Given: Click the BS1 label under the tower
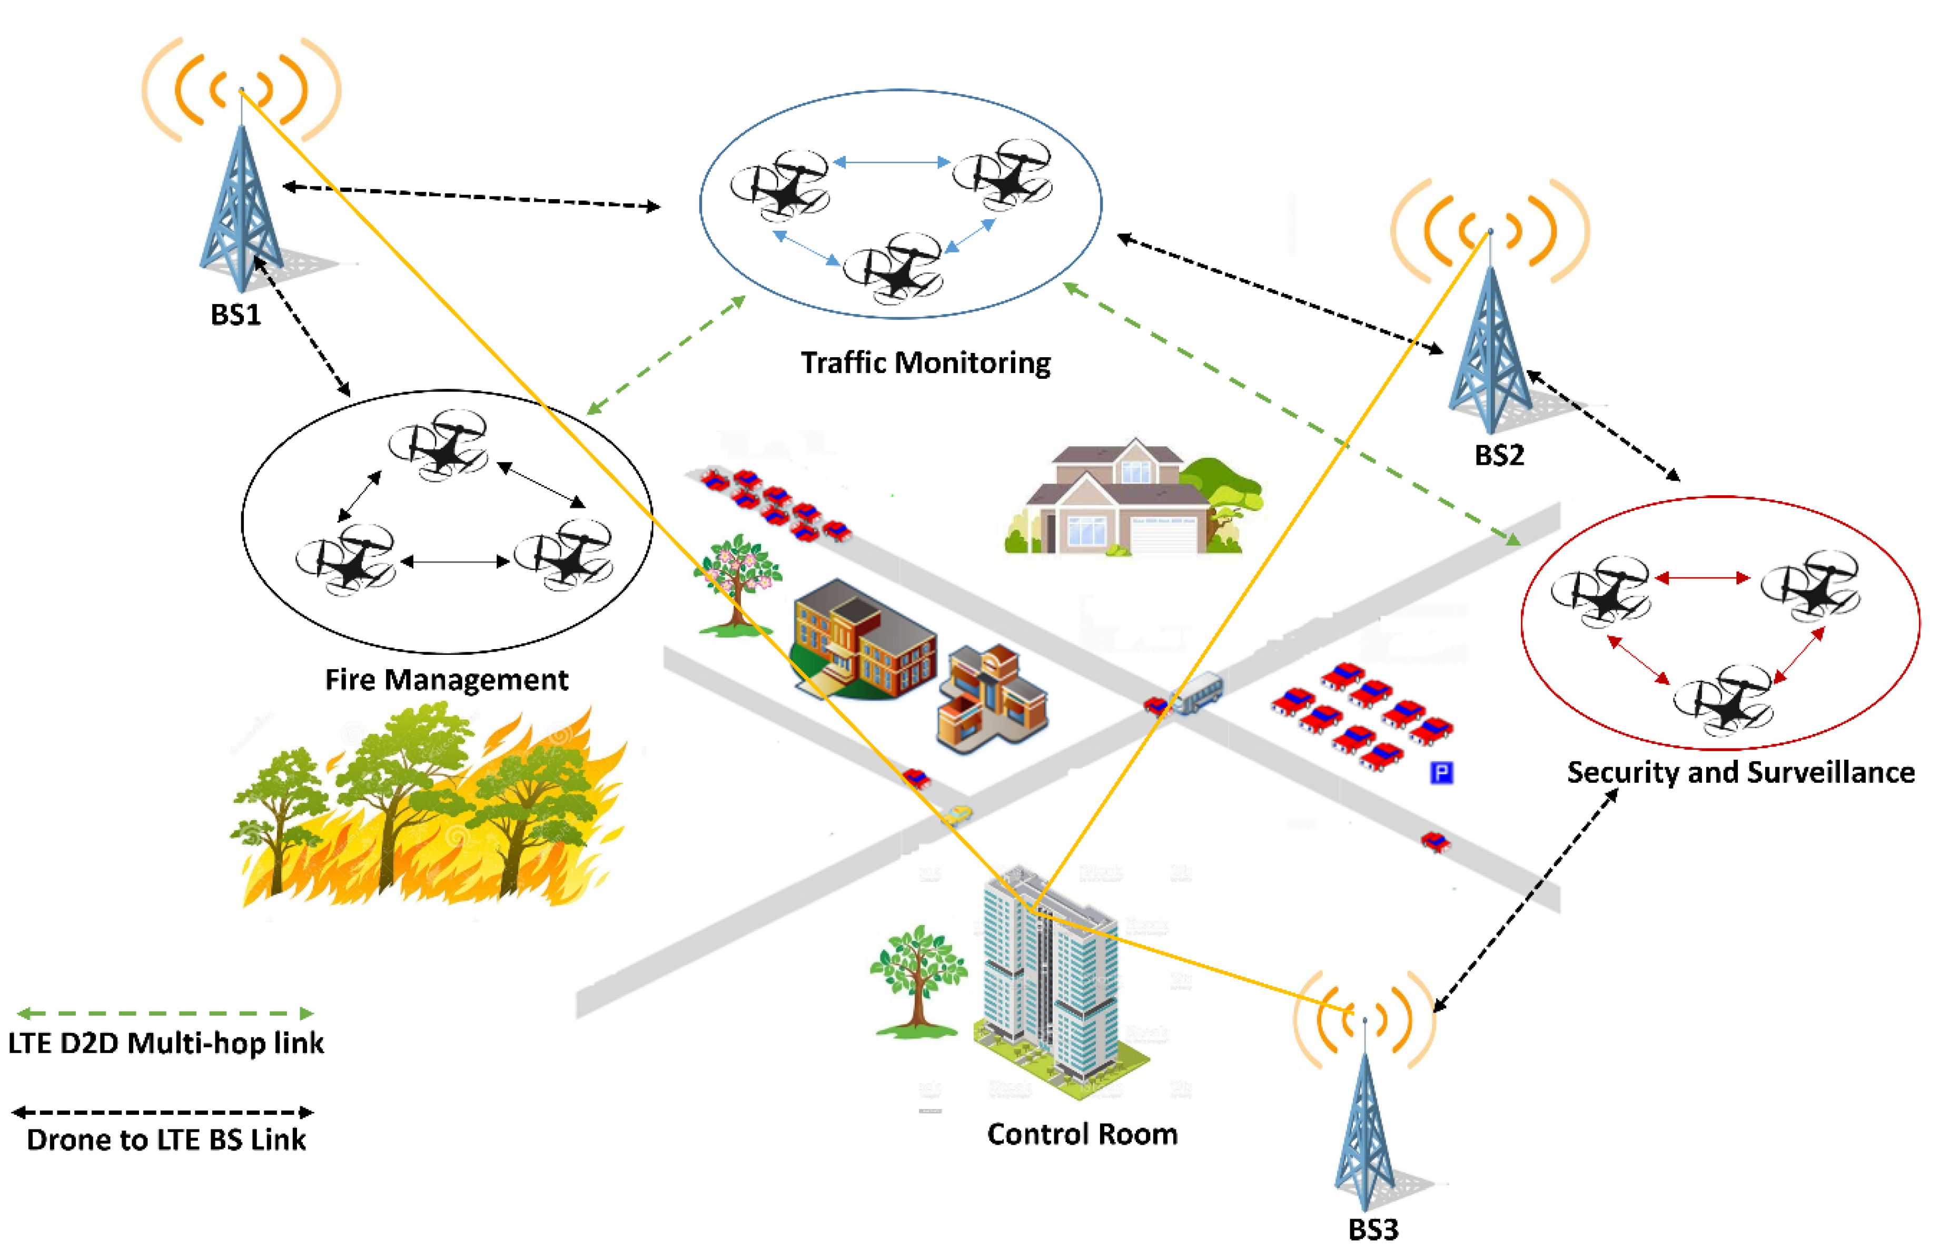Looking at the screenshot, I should pos(236,314).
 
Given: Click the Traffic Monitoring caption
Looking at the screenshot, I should pos(925,363).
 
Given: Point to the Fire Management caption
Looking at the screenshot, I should pos(446,680).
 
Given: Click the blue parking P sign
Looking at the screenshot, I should pos(1441,772).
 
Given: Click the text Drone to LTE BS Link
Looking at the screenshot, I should pos(166,1140).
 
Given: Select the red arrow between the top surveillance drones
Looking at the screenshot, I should pos(1703,578).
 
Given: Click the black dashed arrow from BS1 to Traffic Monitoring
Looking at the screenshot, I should pos(472,196).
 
